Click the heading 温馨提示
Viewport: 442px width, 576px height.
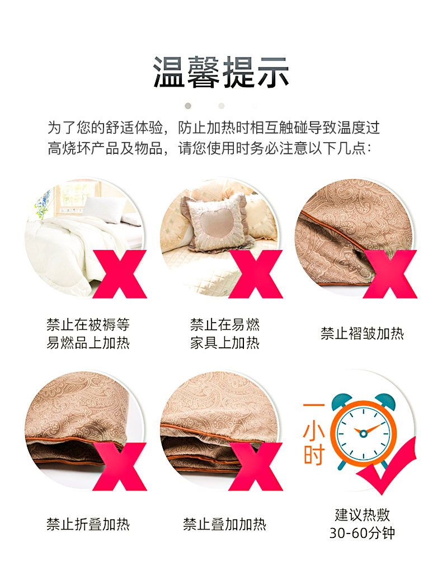pos(221,72)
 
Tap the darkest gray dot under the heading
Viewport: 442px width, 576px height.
pos(188,106)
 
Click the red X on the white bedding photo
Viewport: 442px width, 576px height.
pos(120,274)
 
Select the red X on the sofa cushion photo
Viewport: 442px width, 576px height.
pos(256,274)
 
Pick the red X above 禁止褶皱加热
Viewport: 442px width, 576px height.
pos(390,274)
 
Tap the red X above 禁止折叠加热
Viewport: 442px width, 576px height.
pos(120,466)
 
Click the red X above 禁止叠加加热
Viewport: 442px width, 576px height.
pos(256,466)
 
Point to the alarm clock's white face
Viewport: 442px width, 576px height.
pos(363,433)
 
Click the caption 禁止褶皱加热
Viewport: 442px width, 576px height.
pos(362,333)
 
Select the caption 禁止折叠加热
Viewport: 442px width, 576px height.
pos(88,524)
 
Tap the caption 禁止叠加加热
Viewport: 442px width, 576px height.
pos(224,524)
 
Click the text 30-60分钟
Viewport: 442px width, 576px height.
pos(362,533)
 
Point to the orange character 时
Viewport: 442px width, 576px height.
pos(314,455)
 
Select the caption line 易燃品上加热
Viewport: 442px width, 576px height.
pos(88,343)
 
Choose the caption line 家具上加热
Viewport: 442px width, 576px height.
pos(225,343)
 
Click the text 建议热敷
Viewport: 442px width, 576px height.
pos(362,515)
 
